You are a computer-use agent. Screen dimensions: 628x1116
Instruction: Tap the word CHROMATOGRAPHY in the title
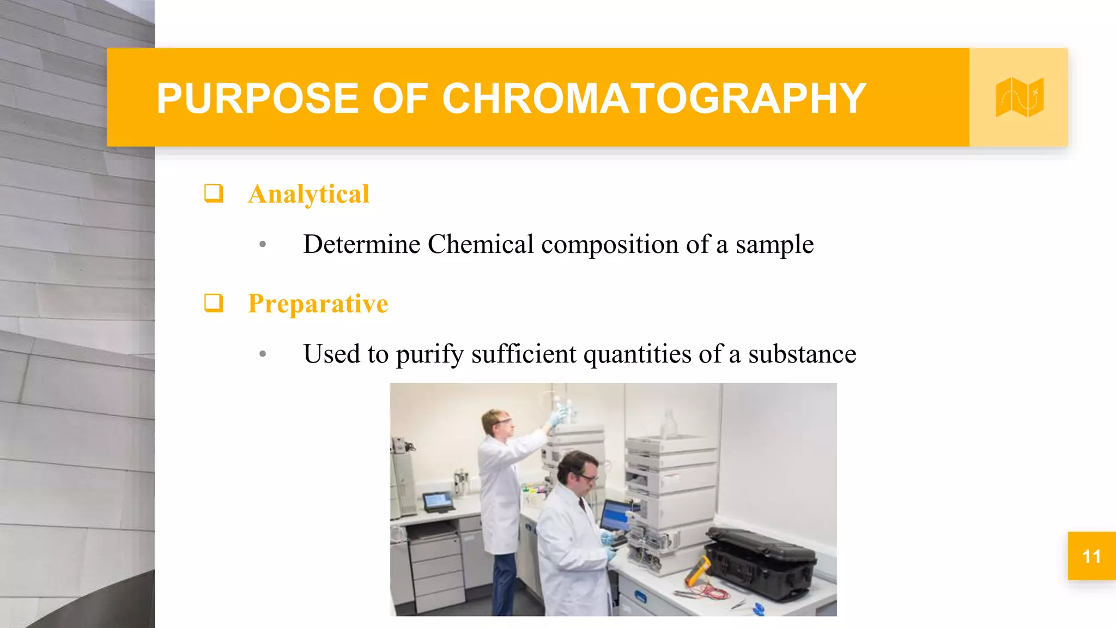[654, 99]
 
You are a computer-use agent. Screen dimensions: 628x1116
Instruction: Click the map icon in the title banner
[1019, 98]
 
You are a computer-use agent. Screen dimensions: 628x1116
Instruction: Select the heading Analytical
[308, 194]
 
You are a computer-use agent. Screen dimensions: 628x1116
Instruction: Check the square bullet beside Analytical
[214, 193]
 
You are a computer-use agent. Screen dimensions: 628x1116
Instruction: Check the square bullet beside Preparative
[214, 303]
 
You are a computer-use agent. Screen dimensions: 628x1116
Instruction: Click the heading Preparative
[318, 304]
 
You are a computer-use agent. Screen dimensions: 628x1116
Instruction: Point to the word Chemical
[481, 244]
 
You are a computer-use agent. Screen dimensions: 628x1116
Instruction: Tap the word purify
[430, 355]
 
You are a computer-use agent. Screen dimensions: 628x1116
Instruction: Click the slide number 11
[1091, 556]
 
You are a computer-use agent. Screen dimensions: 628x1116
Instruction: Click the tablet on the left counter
[438, 501]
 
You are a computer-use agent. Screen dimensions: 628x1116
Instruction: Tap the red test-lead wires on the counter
[708, 591]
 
